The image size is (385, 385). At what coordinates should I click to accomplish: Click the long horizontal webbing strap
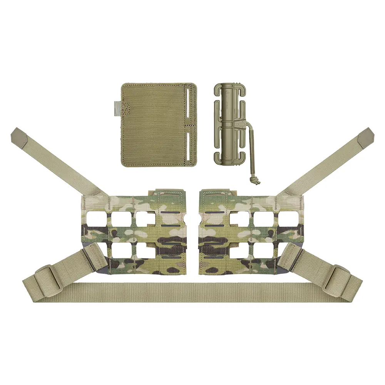192,293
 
